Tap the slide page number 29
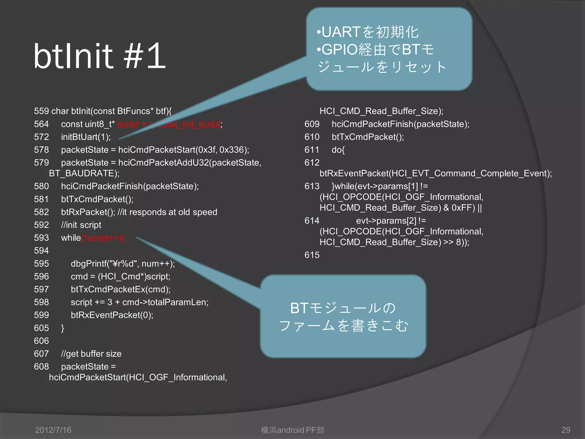click(566, 430)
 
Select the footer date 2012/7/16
click(53, 430)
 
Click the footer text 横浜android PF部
click(292, 430)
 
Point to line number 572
click(41, 137)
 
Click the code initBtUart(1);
click(86, 137)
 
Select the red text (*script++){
click(103, 238)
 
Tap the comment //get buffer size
click(91, 354)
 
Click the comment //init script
click(81, 225)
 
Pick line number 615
click(312, 255)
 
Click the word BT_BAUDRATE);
click(84, 173)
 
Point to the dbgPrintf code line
click(123, 264)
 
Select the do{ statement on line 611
click(338, 150)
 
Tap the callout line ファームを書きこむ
click(344, 326)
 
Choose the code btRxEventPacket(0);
click(112, 315)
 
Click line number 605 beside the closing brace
click(41, 328)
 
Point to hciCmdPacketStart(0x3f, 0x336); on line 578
click(184, 150)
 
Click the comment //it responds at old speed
click(167, 212)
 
